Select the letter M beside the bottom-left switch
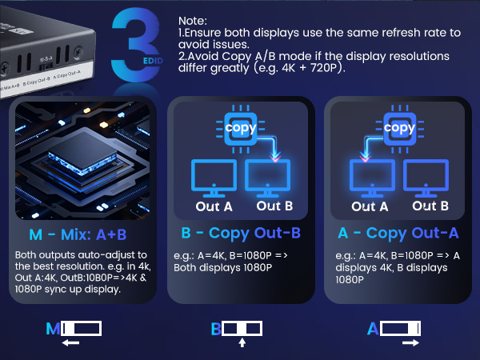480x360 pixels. [x=52, y=328]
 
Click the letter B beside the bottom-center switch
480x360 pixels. [x=216, y=328]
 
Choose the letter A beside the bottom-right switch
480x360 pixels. [x=373, y=328]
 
